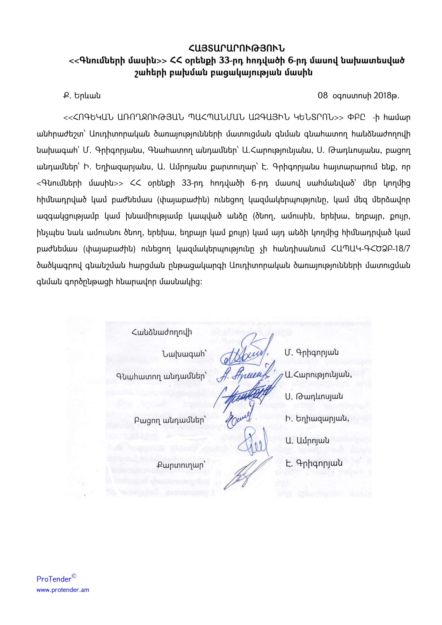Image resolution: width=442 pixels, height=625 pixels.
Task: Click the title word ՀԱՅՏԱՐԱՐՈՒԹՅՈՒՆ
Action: pyautogui.click(x=236, y=48)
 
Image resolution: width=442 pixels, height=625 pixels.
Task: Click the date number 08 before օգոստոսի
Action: pyautogui.click(x=323, y=96)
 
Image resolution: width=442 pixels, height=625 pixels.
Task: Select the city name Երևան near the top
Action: pyautogui.click(x=87, y=96)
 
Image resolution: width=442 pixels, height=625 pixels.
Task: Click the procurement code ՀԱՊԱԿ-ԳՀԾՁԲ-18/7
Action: pyautogui.click(x=370, y=249)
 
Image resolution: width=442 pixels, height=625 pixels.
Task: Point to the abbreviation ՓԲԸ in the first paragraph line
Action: pyautogui.click(x=356, y=118)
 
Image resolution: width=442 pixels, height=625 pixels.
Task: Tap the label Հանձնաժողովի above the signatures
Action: pyautogui.click(x=162, y=332)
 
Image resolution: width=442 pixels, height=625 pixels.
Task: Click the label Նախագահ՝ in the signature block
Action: pyautogui.click(x=183, y=354)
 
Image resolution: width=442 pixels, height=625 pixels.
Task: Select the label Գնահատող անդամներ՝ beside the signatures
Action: pyautogui.click(x=161, y=376)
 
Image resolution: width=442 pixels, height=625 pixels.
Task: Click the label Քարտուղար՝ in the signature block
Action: pyautogui.click(x=180, y=465)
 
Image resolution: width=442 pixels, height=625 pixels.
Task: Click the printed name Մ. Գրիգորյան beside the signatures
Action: pyautogui.click(x=312, y=352)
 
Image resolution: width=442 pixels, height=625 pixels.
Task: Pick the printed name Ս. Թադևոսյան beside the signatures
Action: pyautogui.click(x=314, y=397)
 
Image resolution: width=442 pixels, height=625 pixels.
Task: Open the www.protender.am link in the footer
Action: pyautogui.click(x=63, y=590)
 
